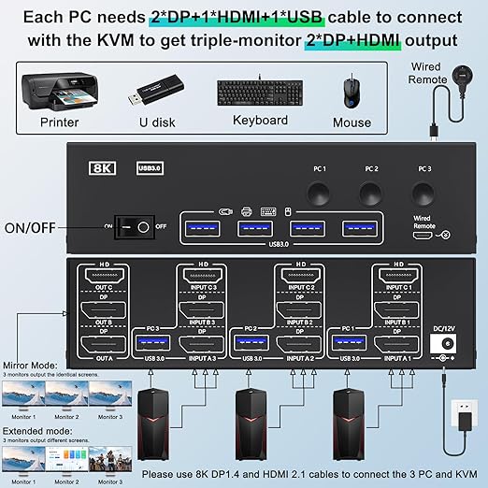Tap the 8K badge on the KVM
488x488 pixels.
[101, 169]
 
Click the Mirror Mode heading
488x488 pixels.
[32, 366]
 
